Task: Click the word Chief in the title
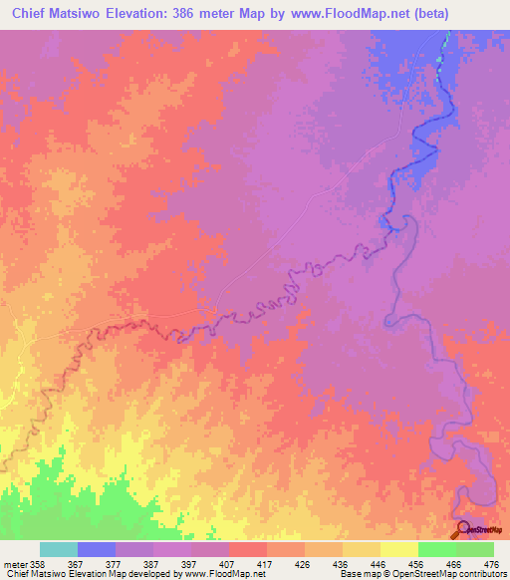point(33,14)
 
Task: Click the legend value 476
point(490,564)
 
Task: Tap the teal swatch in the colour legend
point(59,549)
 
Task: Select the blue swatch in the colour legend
point(97,549)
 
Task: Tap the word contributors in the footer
point(479,574)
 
